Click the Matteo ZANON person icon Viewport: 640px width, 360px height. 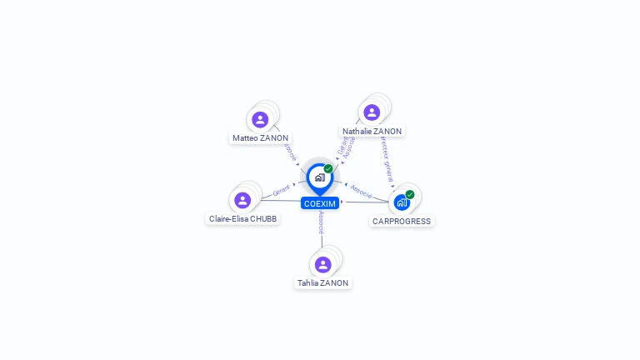click(x=260, y=119)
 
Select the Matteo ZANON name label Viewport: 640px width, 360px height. click(x=261, y=137)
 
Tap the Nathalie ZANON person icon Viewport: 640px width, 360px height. click(x=372, y=112)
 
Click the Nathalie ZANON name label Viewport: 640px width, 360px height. click(x=372, y=132)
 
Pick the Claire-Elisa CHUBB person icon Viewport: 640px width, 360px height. click(x=242, y=200)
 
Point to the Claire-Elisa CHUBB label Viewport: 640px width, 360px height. click(x=243, y=219)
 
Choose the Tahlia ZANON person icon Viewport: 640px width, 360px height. click(x=323, y=264)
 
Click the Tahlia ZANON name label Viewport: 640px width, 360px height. click(x=323, y=283)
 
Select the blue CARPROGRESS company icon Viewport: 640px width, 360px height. click(x=402, y=202)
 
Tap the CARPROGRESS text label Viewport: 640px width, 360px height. click(x=402, y=222)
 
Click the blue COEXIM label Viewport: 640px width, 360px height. click(x=320, y=203)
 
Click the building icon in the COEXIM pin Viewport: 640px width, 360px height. click(x=319, y=177)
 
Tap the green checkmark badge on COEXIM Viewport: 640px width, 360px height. click(x=328, y=168)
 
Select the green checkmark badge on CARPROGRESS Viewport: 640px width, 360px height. click(x=410, y=194)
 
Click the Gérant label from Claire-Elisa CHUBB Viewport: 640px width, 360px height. click(x=281, y=192)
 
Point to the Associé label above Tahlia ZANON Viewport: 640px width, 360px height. click(x=321, y=222)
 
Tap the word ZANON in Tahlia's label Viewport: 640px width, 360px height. click(x=334, y=283)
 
